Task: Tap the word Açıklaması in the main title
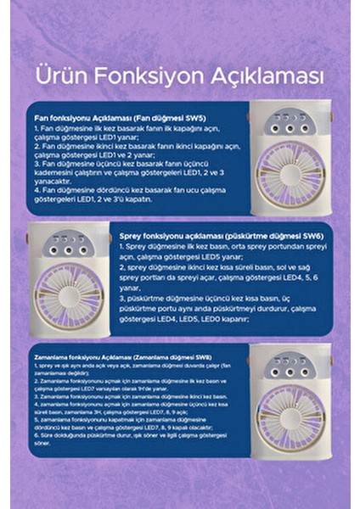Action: coord(273,76)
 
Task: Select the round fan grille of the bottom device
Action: coord(290,414)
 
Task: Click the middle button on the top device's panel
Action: coord(290,128)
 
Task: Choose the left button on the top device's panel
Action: coord(271,128)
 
